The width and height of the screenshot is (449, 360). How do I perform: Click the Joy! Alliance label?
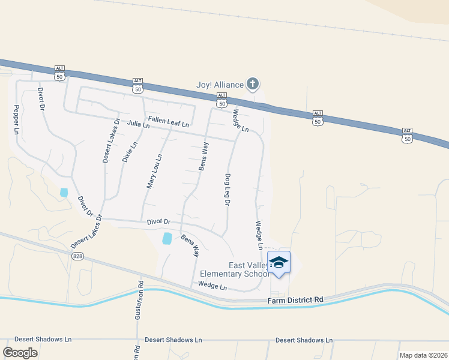(x=220, y=85)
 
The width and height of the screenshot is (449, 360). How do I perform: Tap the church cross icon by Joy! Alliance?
(x=253, y=83)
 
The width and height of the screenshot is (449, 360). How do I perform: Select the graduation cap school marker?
(x=279, y=262)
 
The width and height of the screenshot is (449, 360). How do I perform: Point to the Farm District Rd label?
(x=297, y=299)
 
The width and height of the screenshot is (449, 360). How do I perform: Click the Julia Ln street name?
(x=138, y=125)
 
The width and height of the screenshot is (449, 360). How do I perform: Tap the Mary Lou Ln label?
(x=154, y=172)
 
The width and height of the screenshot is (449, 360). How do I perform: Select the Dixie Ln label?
(x=130, y=152)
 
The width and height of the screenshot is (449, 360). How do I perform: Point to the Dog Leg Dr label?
(x=228, y=190)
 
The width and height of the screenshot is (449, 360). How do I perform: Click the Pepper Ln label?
(x=16, y=120)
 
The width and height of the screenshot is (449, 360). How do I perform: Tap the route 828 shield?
(x=79, y=256)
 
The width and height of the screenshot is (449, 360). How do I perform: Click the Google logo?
(x=20, y=353)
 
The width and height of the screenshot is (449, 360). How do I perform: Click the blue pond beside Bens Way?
(x=167, y=238)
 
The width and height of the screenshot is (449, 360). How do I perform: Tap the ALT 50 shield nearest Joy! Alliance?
(x=222, y=99)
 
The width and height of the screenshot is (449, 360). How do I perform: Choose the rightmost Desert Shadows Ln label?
(x=304, y=340)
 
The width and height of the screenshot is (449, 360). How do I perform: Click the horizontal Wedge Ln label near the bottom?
(x=212, y=287)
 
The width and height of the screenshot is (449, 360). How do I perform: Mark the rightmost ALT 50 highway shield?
(x=407, y=135)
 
